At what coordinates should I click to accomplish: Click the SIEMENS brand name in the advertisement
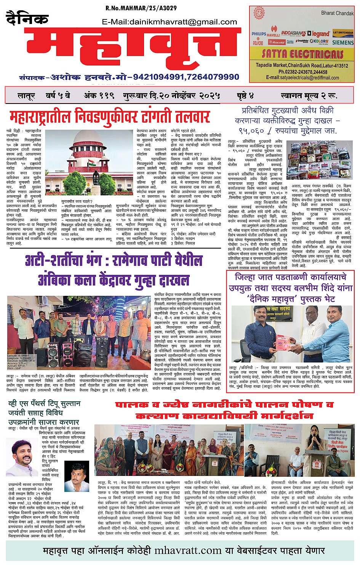tap(342, 43)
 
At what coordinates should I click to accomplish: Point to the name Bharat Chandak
tap(337, 13)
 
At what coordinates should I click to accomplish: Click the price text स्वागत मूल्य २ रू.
tap(309, 95)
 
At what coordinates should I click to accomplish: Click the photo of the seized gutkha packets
tap(319, 160)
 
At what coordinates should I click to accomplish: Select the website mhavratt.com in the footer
tap(188, 551)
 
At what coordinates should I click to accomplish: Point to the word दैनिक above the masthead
tap(27, 19)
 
